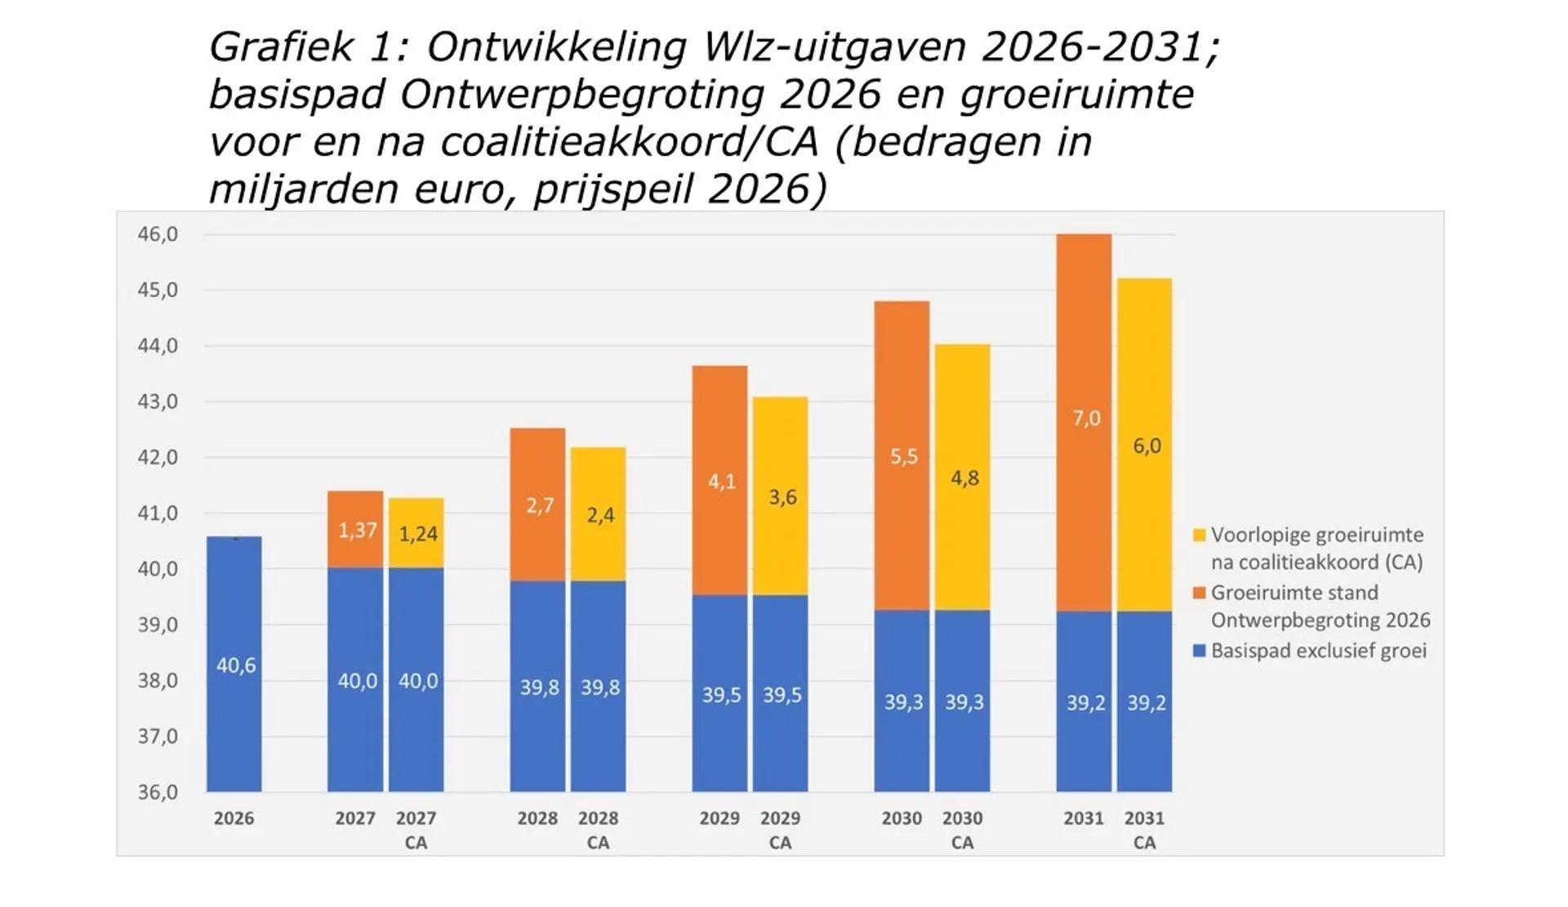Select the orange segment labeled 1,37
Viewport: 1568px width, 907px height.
(355, 531)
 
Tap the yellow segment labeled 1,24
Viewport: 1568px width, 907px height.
(416, 533)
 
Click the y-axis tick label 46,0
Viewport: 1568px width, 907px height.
(157, 235)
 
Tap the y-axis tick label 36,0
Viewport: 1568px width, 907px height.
(157, 792)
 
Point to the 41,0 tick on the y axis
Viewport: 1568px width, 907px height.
(157, 514)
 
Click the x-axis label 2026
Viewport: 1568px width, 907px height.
(234, 818)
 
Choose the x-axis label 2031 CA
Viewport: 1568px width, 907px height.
(1144, 829)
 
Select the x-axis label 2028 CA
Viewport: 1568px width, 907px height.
(598, 829)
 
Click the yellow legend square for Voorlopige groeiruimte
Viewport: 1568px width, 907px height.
(1199, 536)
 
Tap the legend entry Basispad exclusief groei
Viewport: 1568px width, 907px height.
(1318, 651)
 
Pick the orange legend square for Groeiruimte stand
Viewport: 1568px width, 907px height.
(1199, 593)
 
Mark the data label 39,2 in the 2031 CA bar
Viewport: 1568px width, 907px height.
(1146, 703)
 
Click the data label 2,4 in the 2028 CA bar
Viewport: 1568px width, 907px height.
(600, 515)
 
